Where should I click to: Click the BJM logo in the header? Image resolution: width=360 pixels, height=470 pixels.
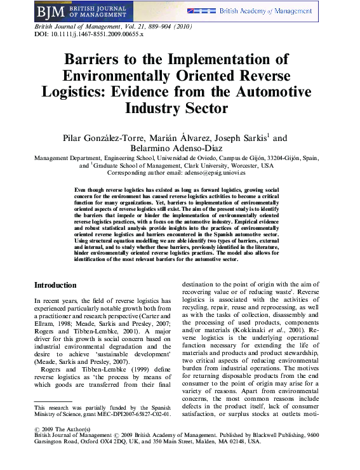coord(50,12)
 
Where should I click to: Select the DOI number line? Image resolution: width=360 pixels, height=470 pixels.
coord(88,34)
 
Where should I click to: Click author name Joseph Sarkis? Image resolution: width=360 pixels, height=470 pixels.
coord(238,138)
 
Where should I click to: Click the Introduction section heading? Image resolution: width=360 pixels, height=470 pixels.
coord(55,285)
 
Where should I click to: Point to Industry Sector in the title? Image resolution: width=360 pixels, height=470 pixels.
coord(180,107)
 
